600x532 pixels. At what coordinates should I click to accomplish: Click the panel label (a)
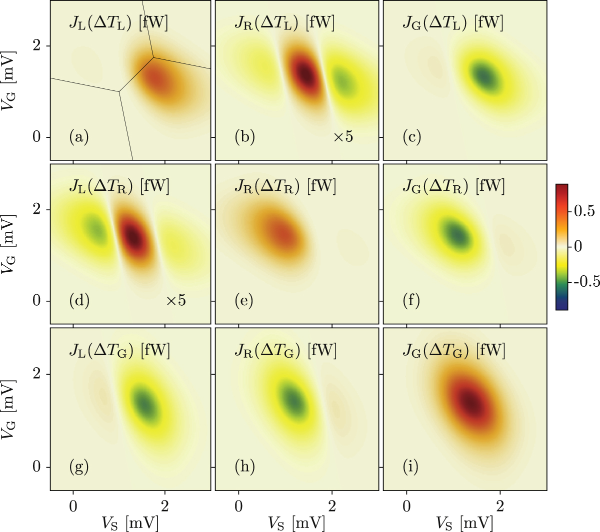coord(79,137)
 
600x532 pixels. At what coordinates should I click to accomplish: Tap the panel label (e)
coord(244,301)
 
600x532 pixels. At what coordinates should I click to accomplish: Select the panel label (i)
coord(411,467)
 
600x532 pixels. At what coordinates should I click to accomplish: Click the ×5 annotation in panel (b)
coord(343,137)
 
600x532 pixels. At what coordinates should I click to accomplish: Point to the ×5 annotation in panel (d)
coord(175,301)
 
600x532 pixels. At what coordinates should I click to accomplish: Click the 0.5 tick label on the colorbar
coord(584,211)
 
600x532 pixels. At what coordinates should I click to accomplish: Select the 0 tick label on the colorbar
coord(578,246)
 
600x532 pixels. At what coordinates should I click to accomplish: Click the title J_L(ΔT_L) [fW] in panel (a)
coord(118,23)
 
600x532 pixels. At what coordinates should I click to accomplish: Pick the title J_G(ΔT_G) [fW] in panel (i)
coord(454,350)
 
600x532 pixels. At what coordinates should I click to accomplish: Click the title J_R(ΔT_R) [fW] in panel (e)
coord(285,186)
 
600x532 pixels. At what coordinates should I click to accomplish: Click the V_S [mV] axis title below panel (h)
coord(296,523)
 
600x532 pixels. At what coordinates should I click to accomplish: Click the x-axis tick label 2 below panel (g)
coord(165,506)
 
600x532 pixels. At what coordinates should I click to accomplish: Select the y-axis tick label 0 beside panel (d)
coord(36,301)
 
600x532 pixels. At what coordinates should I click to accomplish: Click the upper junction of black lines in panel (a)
coord(153,57)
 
